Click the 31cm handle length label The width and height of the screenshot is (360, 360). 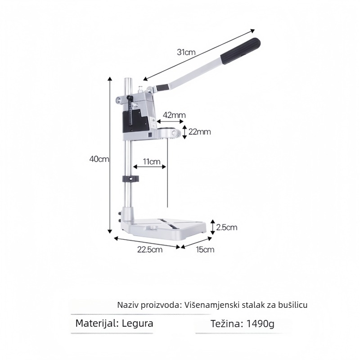pos(186,52)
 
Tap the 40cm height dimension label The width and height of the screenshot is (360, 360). pos(99,159)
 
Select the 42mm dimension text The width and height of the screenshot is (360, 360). pos(174,115)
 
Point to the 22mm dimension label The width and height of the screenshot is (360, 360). pos(199,132)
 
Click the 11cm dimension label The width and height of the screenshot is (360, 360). pos(152,162)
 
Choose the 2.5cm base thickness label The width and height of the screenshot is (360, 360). pos(227,227)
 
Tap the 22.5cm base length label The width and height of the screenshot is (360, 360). pos(150,249)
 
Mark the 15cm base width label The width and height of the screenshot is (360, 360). pos(205,249)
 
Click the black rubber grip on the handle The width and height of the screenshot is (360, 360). pos(240,52)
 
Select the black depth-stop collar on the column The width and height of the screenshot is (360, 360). pos(130,179)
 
